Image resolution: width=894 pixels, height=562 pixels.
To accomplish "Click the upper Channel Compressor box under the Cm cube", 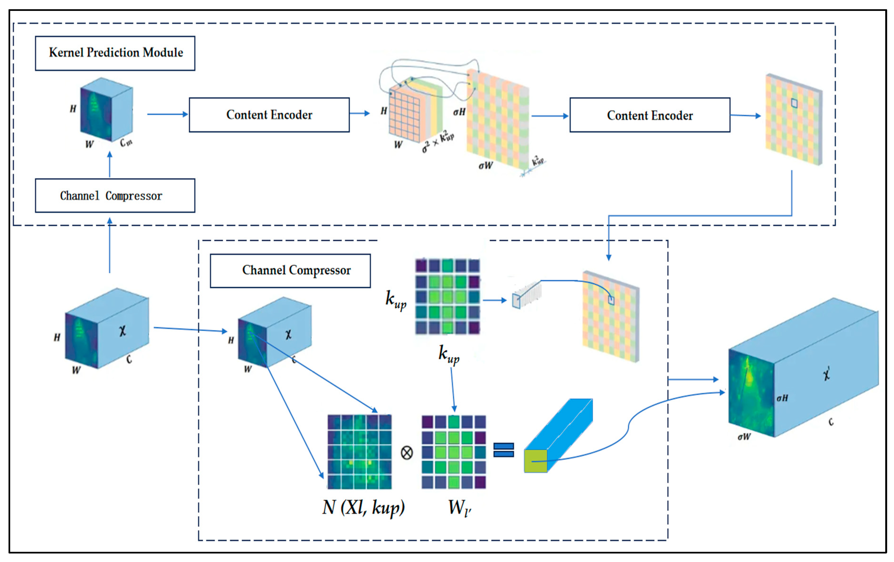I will point(115,195).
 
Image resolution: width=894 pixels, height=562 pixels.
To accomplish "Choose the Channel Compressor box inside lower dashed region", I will point(290,270).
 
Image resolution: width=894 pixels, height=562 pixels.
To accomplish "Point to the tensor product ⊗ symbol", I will point(407,453).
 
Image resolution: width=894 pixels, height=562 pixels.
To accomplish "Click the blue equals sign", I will point(504,450).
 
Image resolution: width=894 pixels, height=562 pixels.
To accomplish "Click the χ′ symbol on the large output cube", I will point(827,374).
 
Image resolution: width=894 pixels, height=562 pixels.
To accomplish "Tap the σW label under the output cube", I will point(744,437).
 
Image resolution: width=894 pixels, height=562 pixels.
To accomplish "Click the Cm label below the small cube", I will point(126,142).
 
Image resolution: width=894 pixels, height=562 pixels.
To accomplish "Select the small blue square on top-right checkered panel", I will point(794,103).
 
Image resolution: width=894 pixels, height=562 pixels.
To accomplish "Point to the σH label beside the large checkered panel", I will point(459,112).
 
